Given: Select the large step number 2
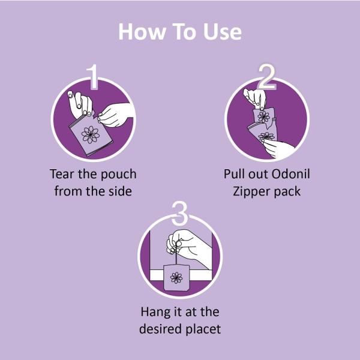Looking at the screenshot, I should [x=266, y=75].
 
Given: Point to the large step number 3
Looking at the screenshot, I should [x=179, y=212].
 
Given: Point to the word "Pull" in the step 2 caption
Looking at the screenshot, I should [x=236, y=174].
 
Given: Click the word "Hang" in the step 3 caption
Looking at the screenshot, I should [x=157, y=312].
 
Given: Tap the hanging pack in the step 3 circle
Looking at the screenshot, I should [x=176, y=277].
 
